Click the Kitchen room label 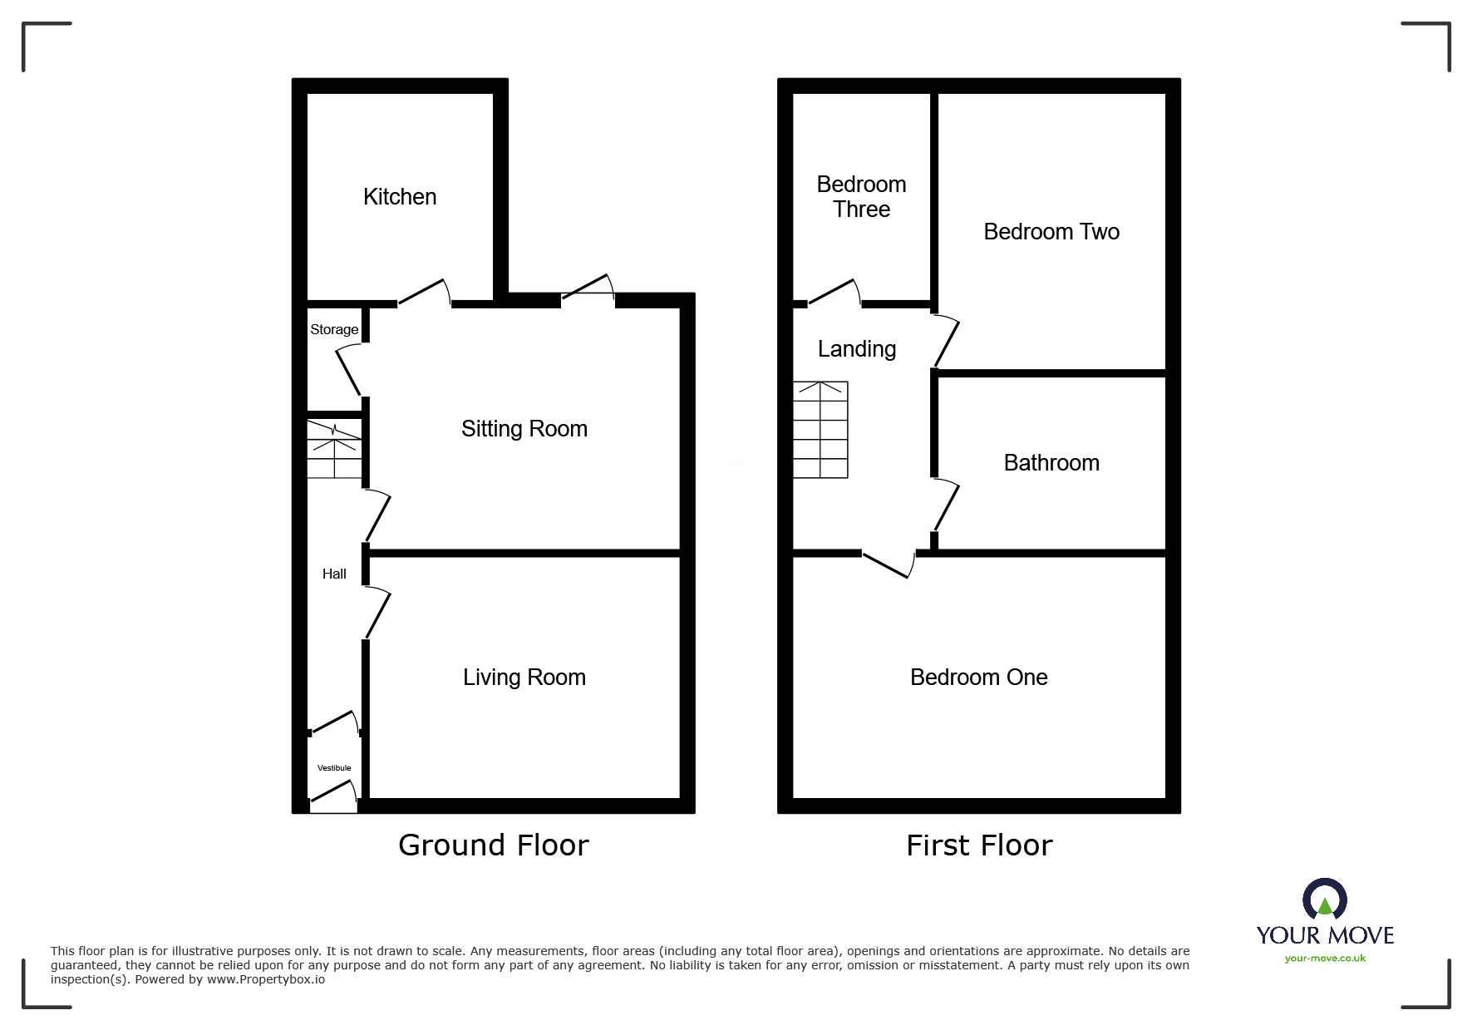tap(399, 197)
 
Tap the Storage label tap(334, 330)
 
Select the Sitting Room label tap(524, 429)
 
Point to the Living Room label tap(524, 678)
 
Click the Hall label tap(334, 574)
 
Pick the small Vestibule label tap(334, 768)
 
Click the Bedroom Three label tap(861, 197)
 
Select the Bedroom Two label tap(1051, 232)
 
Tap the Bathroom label tap(1051, 463)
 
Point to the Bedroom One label tap(978, 678)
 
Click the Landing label tap(856, 349)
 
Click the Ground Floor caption tap(493, 845)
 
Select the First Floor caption tap(978, 845)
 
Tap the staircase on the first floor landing tap(820, 430)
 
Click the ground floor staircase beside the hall tap(334, 450)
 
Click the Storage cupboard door tap(348, 372)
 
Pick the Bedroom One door tap(888, 564)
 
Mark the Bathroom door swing tap(946, 505)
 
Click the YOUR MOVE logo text tap(1324, 935)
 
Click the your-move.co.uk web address tap(1324, 959)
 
